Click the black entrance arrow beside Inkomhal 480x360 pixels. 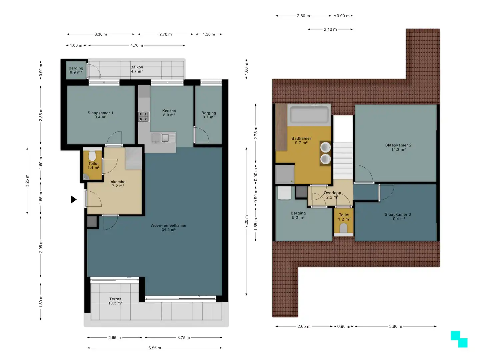73,199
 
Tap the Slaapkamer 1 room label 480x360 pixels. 100,115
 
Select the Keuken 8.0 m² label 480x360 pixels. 169,113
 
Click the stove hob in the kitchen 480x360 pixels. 143,117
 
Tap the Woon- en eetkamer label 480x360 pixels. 168,227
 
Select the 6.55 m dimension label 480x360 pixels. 155,348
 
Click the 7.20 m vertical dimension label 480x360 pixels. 246,221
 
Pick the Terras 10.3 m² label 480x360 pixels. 115,301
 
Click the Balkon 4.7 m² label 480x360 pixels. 137,69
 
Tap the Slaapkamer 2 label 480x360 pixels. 398,147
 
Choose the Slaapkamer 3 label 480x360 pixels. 398,217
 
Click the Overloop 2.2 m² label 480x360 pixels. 332,195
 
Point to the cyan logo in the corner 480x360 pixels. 459,339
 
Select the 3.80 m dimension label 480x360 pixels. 395,326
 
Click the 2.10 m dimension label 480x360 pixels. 330,29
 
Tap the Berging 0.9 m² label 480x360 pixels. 76,70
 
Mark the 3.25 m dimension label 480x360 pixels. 27,181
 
